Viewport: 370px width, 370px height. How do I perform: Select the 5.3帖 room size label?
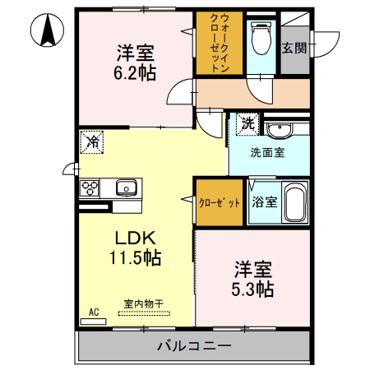coord(253,289)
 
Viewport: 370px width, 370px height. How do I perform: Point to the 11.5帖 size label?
coord(136,257)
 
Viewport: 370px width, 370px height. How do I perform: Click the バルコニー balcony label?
coord(193,345)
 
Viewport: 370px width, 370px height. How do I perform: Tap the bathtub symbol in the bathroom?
coord(294,203)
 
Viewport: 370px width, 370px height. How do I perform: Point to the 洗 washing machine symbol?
coord(246,124)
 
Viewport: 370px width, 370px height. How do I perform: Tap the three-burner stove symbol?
coord(90,188)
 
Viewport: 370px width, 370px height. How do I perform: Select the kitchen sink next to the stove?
coord(127,188)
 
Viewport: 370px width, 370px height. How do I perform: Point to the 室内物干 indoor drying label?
coord(144,303)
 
